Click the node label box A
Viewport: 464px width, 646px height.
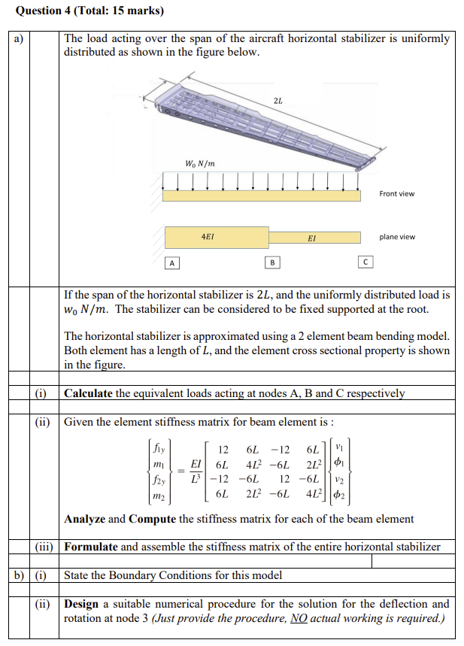172,262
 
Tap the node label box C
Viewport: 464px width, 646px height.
365,262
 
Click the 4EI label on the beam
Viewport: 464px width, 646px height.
208,236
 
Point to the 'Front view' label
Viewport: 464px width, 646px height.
396,194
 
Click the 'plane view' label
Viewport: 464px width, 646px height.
396,237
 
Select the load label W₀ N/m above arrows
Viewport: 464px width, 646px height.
199,164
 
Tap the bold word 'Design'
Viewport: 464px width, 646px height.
81,604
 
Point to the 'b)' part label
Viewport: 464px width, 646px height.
17,575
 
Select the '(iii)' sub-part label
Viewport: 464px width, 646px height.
45,547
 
